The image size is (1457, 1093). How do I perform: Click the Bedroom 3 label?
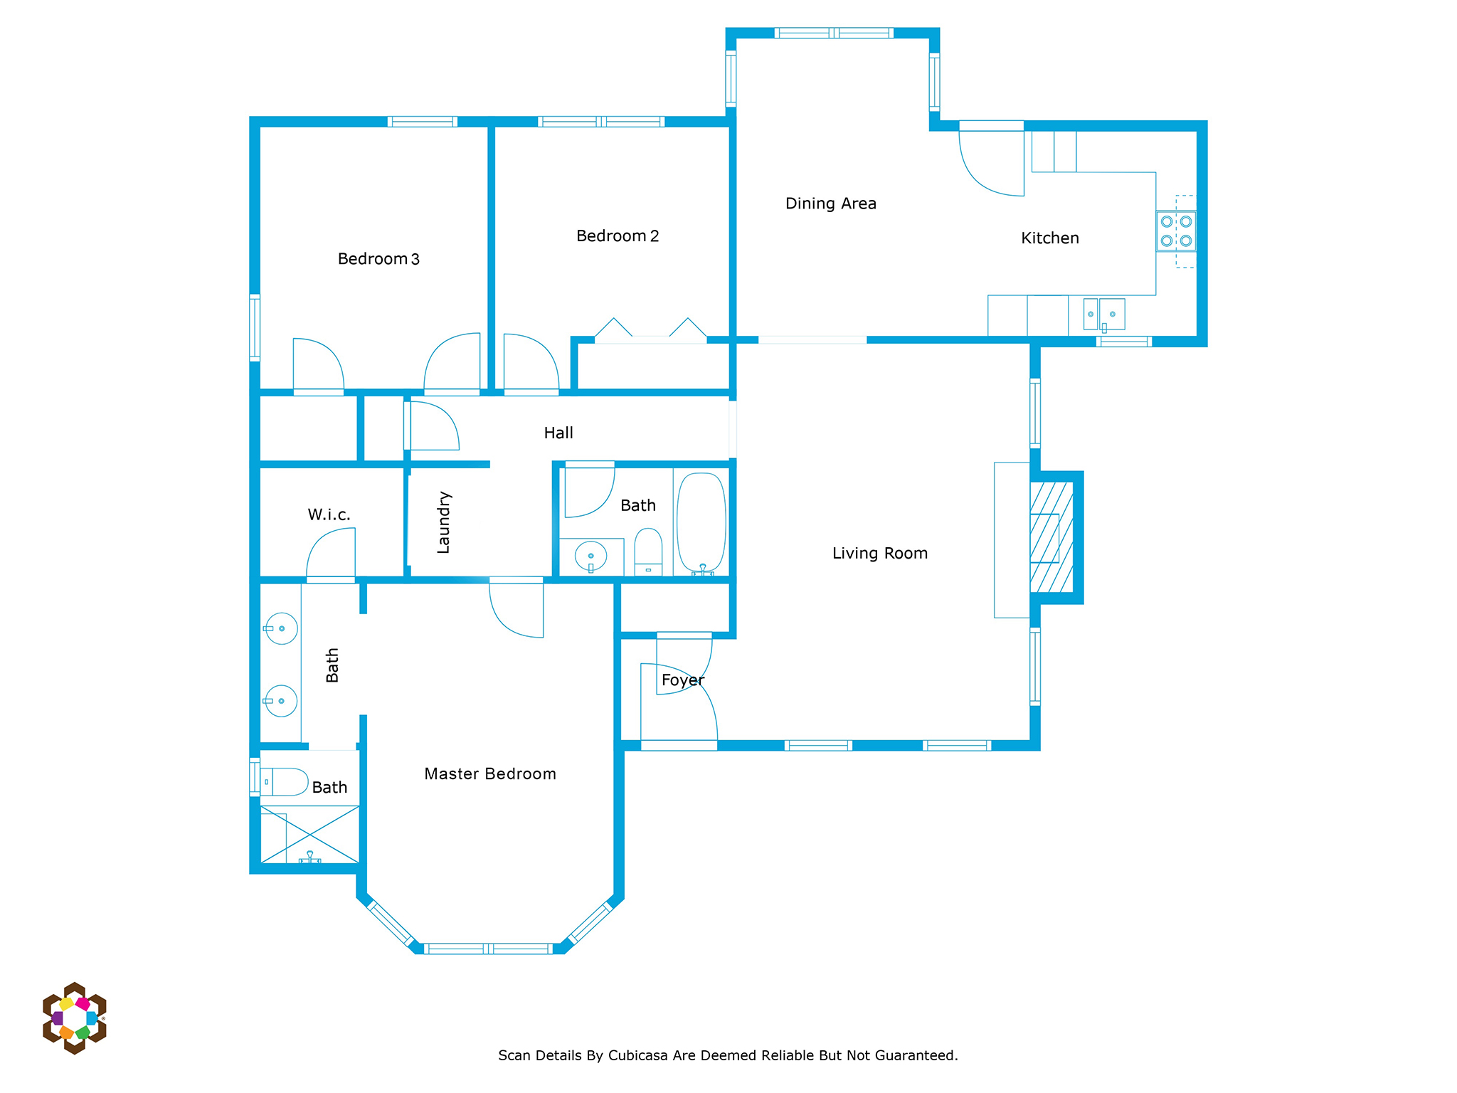pos(378,259)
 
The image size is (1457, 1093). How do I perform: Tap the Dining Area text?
pos(830,204)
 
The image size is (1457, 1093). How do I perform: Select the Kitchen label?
pos(1049,238)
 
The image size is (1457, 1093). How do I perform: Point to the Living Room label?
pos(880,553)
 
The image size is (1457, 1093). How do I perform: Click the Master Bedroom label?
pos(490,773)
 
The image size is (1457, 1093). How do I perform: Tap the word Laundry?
pos(443,522)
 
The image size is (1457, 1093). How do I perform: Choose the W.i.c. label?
pos(329,514)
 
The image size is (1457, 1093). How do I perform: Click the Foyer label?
pos(683,680)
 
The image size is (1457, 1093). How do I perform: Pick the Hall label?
pos(558,433)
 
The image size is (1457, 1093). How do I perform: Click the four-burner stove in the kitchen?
pos(1176,231)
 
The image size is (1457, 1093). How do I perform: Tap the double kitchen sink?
pos(1104,315)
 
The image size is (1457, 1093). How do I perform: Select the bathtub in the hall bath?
pos(701,523)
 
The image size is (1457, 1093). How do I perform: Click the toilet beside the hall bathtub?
pos(648,551)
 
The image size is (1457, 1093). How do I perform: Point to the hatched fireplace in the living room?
pos(1051,537)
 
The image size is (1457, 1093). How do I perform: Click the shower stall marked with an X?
pos(310,834)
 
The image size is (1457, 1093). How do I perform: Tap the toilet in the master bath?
pos(284,782)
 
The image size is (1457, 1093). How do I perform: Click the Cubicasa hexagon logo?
pos(75,1018)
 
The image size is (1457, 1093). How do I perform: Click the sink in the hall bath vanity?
pos(590,556)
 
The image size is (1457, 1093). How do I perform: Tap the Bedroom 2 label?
pos(618,236)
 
